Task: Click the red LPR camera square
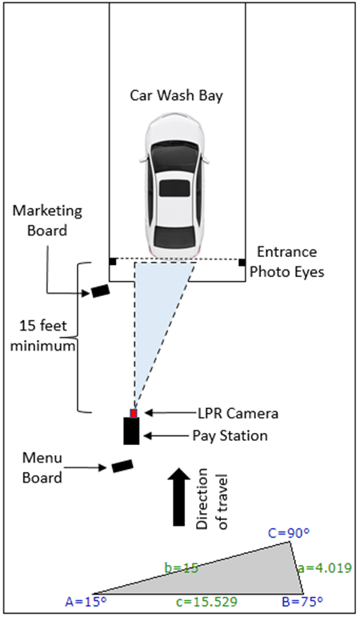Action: pyautogui.click(x=134, y=413)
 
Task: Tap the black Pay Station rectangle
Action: pyautogui.click(x=131, y=431)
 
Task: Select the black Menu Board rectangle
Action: pyautogui.click(x=122, y=466)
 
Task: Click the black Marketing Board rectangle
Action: pyautogui.click(x=100, y=290)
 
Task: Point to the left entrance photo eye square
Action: pyautogui.click(x=113, y=261)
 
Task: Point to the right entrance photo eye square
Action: pyautogui.click(x=242, y=262)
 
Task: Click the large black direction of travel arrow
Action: pyautogui.click(x=178, y=497)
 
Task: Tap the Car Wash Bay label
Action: pyautogui.click(x=177, y=95)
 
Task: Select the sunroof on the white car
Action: pyautogui.click(x=175, y=189)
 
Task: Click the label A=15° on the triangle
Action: pyautogui.click(x=86, y=602)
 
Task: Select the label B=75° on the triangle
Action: pyautogui.click(x=302, y=602)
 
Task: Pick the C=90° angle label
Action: pyautogui.click(x=289, y=533)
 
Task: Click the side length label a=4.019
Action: pyautogui.click(x=324, y=568)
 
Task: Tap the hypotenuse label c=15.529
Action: pyautogui.click(x=206, y=602)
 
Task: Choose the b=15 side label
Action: pyautogui.click(x=182, y=568)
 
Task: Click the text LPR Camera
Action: pyautogui.click(x=238, y=413)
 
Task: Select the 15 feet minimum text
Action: pyautogui.click(x=42, y=335)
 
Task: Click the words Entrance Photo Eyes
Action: pyautogui.click(x=287, y=262)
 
